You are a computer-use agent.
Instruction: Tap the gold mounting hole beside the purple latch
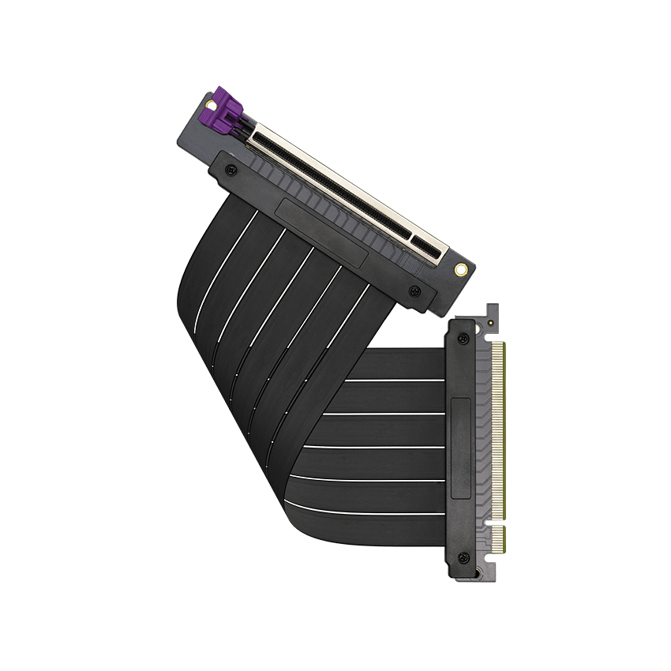coord(209,103)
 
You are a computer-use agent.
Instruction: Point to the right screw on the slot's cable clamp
coord(414,291)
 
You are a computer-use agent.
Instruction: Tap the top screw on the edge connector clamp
coord(463,339)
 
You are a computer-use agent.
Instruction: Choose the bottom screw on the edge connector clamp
coord(463,557)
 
